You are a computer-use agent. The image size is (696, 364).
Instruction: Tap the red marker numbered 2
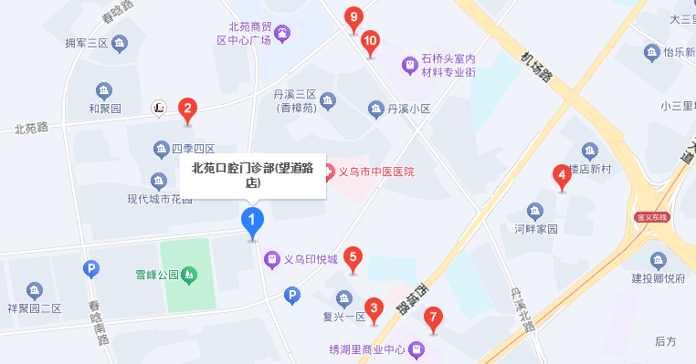(x=187, y=110)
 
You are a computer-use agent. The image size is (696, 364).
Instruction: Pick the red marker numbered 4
(x=562, y=175)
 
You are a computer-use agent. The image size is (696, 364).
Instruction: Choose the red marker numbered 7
(x=435, y=319)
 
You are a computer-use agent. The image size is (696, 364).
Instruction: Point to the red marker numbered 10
(x=370, y=41)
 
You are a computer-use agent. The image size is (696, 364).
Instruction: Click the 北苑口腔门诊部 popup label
(x=252, y=174)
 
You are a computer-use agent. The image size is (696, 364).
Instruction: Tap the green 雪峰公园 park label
(x=155, y=274)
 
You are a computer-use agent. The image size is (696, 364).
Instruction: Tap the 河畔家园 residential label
(x=535, y=229)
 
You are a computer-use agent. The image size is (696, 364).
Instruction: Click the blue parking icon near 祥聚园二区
(x=90, y=268)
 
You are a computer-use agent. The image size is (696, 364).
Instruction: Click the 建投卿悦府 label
(x=658, y=279)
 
